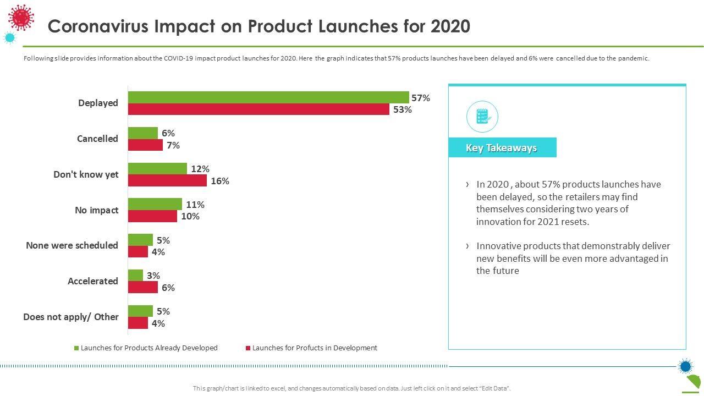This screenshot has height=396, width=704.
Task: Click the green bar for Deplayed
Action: [x=268, y=97]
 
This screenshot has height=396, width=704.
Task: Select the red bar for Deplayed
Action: [x=258, y=109]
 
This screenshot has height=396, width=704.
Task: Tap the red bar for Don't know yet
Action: [x=167, y=180]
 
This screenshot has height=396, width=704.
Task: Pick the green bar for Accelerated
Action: [x=135, y=275]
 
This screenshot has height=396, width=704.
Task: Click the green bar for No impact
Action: [x=155, y=204]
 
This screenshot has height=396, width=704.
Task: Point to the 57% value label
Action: [x=421, y=98]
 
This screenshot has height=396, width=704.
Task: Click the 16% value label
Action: [x=220, y=181]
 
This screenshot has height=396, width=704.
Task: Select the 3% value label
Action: [x=153, y=276]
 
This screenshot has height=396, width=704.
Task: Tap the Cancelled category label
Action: [x=97, y=139]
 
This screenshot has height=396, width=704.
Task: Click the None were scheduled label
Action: [x=72, y=245]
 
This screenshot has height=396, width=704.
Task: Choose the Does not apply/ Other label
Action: [x=71, y=317]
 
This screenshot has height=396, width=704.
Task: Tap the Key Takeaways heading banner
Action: [x=502, y=147]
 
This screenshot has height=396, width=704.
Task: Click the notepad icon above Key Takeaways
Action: [x=482, y=116]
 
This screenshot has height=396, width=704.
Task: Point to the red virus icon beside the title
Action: [x=21, y=18]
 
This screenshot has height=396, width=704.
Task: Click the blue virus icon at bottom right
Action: [x=685, y=366]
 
